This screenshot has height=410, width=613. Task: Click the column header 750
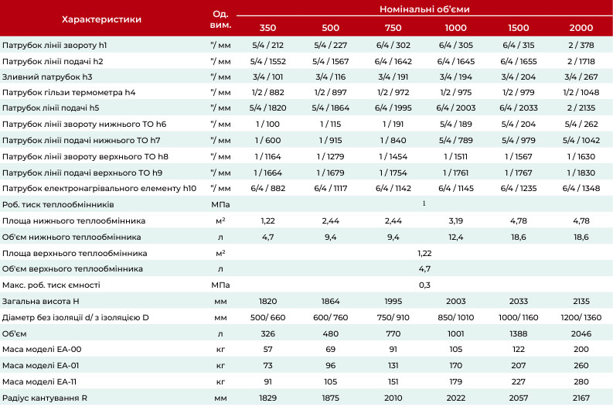(x=393, y=28)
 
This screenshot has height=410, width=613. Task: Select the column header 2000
(x=581, y=28)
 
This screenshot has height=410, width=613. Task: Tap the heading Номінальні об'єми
(x=424, y=9)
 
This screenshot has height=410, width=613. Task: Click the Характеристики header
(x=101, y=19)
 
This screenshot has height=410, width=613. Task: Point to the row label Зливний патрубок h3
(x=47, y=77)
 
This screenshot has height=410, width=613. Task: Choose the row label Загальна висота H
(x=41, y=301)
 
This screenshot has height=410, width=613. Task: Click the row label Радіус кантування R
(x=45, y=398)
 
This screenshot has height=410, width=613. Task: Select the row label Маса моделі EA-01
(x=41, y=365)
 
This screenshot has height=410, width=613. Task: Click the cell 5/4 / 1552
(x=267, y=61)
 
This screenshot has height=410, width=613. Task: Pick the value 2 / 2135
(x=581, y=108)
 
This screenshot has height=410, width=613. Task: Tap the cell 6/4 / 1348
(x=581, y=188)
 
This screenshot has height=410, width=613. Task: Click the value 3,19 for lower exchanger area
(x=456, y=220)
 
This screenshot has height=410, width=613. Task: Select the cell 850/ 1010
(x=456, y=317)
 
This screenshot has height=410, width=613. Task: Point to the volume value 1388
(x=519, y=333)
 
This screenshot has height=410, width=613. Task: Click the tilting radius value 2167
(x=581, y=398)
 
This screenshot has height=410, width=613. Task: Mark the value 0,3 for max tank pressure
(x=424, y=285)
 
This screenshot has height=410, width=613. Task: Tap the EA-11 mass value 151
(x=393, y=381)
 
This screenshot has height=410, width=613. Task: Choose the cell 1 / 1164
(x=267, y=156)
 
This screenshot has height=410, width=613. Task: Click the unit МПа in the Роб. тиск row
(x=220, y=204)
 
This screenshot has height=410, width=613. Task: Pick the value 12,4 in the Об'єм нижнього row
(x=456, y=237)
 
